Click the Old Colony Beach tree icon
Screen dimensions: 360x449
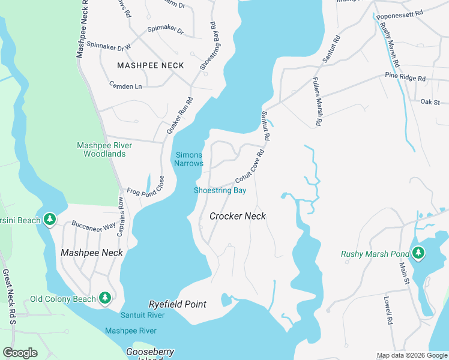click(x=105, y=298)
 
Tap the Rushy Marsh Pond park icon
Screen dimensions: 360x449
click(x=418, y=253)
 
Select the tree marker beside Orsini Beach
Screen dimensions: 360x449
click(x=50, y=220)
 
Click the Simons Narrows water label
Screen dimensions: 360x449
click(x=189, y=159)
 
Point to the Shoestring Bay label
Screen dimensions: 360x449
click(x=220, y=191)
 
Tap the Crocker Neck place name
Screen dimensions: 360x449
click(x=238, y=215)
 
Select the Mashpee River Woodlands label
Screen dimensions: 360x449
click(x=101, y=149)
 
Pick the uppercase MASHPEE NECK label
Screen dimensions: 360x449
click(x=151, y=65)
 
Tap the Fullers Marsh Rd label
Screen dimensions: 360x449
click(x=317, y=101)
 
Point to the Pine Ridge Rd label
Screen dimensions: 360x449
click(x=405, y=79)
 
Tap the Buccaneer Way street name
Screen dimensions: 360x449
click(x=93, y=226)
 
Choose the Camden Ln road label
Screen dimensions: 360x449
click(x=125, y=86)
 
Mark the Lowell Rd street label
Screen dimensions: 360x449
click(x=388, y=309)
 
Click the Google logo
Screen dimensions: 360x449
click(x=20, y=353)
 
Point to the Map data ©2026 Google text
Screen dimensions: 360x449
click(x=411, y=355)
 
